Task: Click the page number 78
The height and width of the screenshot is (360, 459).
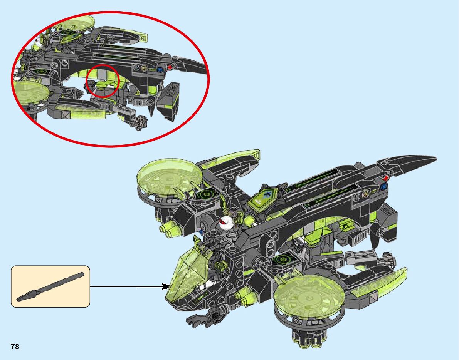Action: click(x=15, y=347)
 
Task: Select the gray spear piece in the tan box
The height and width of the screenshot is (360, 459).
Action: click(x=50, y=286)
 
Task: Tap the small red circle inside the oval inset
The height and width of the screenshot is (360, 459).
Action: click(x=102, y=80)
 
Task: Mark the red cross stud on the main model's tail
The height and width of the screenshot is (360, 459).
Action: click(x=386, y=178)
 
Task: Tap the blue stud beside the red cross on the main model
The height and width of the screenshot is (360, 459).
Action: click(x=383, y=187)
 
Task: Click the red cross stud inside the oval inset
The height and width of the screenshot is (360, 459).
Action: click(x=169, y=67)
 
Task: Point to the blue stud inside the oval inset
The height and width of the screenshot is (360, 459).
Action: click(x=159, y=70)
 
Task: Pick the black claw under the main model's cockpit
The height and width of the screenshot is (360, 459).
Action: click(x=204, y=318)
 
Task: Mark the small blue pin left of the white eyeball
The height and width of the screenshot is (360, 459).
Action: click(x=201, y=233)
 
